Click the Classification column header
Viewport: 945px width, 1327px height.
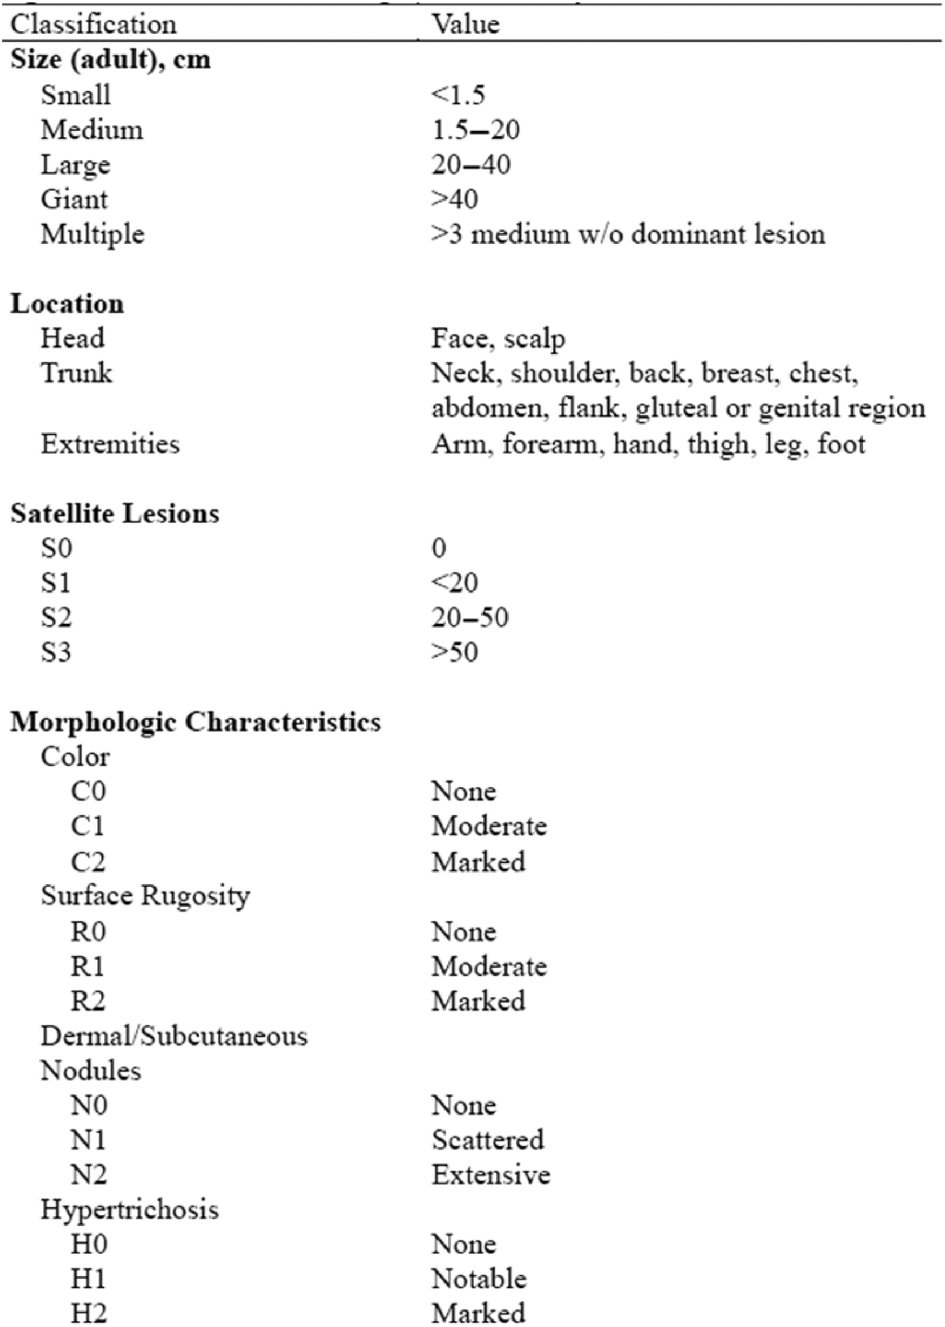tap(93, 25)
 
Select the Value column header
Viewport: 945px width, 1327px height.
tap(465, 25)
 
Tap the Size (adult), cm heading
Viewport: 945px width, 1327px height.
tap(111, 60)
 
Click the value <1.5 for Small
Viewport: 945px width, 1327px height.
tap(458, 95)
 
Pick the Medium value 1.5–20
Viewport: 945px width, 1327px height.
tap(475, 129)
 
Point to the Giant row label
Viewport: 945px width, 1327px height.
tap(74, 200)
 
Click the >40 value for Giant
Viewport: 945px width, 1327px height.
tap(455, 200)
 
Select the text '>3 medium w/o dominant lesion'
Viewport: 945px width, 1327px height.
tap(628, 234)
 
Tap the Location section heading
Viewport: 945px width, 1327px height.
tap(67, 304)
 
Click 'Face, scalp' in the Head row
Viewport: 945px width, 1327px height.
tap(498, 339)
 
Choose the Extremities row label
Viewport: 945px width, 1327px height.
tap(110, 444)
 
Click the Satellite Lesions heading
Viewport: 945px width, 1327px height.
tap(115, 514)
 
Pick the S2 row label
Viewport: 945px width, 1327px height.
tap(56, 617)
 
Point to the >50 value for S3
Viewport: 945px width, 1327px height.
tap(455, 652)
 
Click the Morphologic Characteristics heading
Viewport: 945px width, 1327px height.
tap(196, 722)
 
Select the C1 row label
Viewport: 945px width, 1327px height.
tap(87, 826)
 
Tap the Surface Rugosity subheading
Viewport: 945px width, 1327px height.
tap(145, 896)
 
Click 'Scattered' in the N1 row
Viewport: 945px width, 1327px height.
tap(488, 1140)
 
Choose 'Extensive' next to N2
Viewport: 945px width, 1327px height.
tap(490, 1174)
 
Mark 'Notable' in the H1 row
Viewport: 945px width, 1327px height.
tap(479, 1279)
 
